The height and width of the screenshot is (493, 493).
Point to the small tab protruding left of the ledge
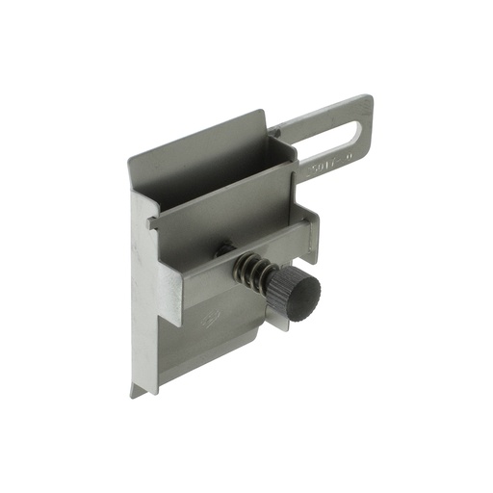[151, 222]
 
